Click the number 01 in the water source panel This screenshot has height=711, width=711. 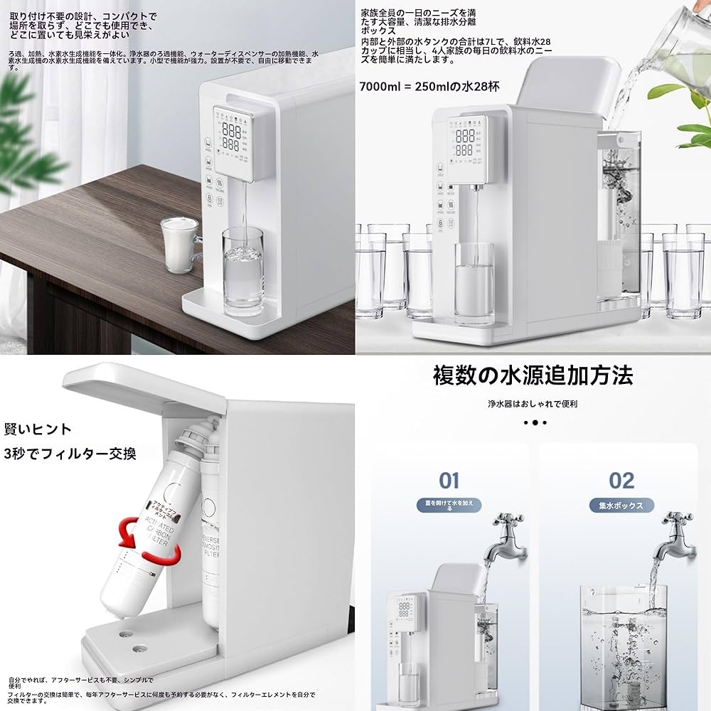coord(449,481)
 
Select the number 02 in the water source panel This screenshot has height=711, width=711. coord(621,481)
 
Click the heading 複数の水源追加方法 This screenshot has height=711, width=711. coord(533,375)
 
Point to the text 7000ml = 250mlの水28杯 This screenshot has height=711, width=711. coord(429,86)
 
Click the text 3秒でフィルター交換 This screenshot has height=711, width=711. coord(70,453)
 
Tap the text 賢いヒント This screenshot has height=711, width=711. coord(38,429)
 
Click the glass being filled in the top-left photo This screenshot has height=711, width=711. coord(242,270)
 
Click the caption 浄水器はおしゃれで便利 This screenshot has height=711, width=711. coord(533,403)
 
